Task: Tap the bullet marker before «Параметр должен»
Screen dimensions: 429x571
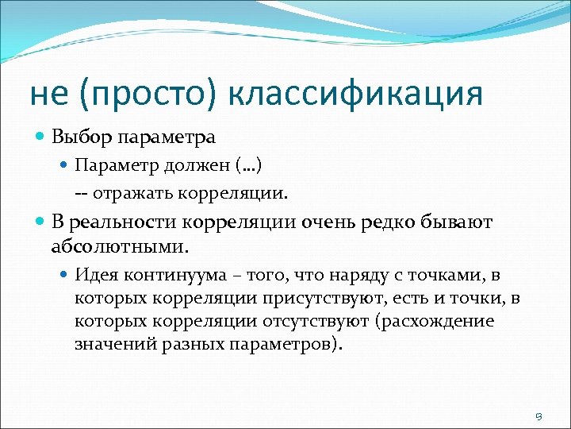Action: click(65, 165)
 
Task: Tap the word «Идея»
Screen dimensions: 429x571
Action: click(94, 275)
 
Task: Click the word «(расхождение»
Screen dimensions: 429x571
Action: click(434, 322)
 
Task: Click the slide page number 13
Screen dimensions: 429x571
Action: click(537, 415)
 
